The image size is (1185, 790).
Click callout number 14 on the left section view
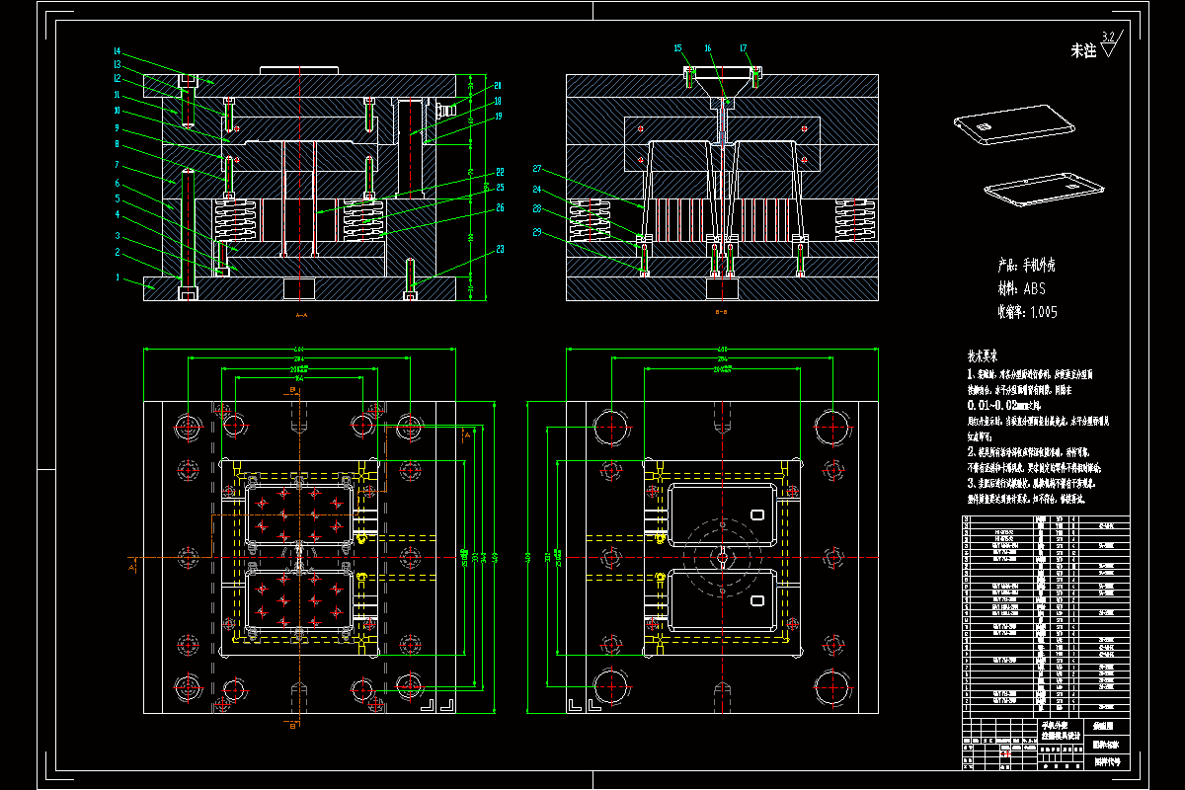pos(117,51)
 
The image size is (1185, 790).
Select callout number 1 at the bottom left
pos(117,277)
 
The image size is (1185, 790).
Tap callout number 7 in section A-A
pos(117,164)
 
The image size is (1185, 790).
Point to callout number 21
pos(499,85)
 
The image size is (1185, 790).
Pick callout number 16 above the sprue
pos(708,47)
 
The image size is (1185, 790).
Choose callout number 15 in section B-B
pos(678,47)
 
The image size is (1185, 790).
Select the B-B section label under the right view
pos(721,313)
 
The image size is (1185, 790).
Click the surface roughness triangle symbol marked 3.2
pos(1109,45)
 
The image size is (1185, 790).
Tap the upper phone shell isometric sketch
pos(1013,128)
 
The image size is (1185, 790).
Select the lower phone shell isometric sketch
pos(1045,188)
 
